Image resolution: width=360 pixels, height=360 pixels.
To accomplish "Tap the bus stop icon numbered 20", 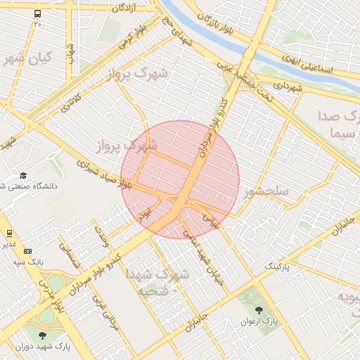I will coord(37,14).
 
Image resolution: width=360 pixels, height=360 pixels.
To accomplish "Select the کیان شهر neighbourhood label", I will coord(27,58).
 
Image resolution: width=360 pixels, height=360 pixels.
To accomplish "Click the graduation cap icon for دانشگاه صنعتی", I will coord(23,175).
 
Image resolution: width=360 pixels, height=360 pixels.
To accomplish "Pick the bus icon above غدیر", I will coord(10,233).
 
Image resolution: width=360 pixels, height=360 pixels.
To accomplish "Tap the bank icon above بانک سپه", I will coord(27,250).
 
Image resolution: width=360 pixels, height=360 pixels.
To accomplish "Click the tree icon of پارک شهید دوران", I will coord(43,335).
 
